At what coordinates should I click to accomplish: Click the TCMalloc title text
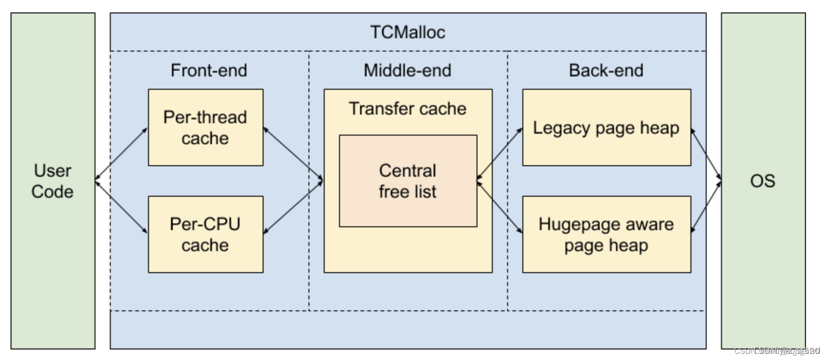tap(407, 32)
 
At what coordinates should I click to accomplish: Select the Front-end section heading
tap(209, 70)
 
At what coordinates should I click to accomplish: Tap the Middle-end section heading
tap(407, 70)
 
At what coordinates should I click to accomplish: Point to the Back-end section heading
tap(606, 70)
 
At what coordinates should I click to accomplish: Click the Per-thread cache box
tap(205, 127)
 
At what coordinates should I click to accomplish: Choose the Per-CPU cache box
tap(205, 234)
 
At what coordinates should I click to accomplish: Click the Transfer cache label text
tap(407, 108)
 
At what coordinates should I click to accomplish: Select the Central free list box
tap(407, 181)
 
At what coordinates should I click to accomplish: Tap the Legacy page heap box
tap(606, 127)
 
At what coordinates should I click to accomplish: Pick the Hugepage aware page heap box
tap(606, 234)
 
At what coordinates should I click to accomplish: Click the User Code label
tap(53, 181)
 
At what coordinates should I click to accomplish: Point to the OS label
tap(763, 181)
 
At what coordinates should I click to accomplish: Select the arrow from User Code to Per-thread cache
tap(121, 154)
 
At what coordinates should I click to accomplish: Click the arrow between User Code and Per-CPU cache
tap(121, 207)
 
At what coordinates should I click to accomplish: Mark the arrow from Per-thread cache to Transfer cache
tap(293, 154)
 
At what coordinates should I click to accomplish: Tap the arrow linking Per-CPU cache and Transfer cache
tap(293, 207)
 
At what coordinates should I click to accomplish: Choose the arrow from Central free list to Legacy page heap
tap(499, 154)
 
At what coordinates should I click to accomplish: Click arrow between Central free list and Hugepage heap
tap(499, 207)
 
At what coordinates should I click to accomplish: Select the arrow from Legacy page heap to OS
tap(706, 154)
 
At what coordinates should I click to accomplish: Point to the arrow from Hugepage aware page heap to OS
tap(706, 207)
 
